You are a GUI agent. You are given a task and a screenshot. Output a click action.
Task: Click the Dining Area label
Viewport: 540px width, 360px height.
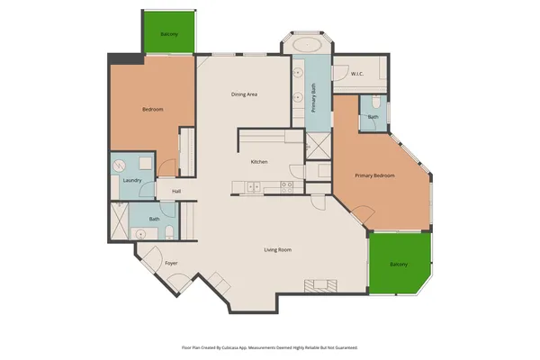click(x=245, y=94)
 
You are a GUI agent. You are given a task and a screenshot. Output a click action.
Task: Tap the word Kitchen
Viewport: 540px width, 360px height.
click(x=259, y=162)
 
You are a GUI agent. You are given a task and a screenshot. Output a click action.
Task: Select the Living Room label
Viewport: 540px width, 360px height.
click(x=277, y=249)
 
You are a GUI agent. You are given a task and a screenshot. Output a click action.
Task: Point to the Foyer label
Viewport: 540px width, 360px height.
click(x=170, y=263)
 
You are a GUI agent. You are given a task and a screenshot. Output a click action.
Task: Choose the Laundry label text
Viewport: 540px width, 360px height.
click(x=131, y=181)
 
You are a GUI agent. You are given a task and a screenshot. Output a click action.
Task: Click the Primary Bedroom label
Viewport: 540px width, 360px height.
click(x=374, y=175)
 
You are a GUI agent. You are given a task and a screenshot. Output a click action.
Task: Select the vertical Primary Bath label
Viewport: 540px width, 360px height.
click(x=313, y=97)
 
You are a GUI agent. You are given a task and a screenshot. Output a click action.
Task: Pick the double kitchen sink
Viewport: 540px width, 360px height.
click(x=255, y=186)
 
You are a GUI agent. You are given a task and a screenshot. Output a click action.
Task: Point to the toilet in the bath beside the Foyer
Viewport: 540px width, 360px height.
click(x=169, y=234)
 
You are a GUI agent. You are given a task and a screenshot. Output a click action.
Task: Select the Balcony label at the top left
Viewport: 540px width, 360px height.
click(x=169, y=34)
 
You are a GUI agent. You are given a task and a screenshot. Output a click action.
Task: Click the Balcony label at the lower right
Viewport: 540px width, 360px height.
click(x=399, y=264)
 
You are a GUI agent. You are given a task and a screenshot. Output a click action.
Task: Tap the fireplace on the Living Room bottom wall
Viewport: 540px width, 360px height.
click(x=320, y=285)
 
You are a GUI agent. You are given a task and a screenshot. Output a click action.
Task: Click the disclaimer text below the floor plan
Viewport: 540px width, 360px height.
click(x=270, y=346)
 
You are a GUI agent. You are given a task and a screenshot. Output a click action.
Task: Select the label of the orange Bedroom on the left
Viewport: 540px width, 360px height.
click(x=153, y=110)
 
